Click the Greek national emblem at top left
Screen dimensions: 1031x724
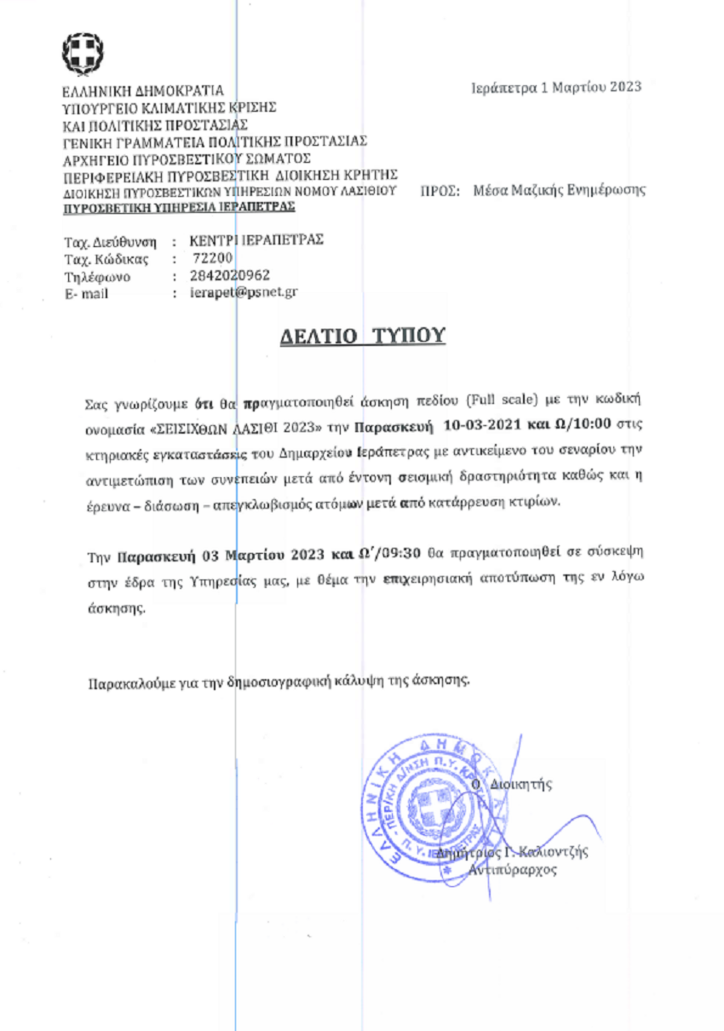83,54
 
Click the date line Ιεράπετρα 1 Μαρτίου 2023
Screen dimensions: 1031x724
556,88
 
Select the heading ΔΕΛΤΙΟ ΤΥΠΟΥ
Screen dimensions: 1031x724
363,335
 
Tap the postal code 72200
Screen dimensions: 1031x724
212,258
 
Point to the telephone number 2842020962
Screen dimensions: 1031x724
229,276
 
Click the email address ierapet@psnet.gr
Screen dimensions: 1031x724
243,293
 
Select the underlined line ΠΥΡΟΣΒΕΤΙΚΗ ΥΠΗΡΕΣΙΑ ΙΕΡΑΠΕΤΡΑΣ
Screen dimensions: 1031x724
179,208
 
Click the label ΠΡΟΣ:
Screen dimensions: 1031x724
440,191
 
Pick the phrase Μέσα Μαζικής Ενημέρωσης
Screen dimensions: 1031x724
559,191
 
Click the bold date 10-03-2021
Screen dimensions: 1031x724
482,424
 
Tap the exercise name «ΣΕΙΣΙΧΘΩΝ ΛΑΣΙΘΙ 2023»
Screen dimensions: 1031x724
235,429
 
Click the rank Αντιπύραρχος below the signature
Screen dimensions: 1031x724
513,870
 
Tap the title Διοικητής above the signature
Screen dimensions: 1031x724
520,785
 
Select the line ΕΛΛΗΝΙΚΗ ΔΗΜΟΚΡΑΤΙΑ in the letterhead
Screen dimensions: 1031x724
143,91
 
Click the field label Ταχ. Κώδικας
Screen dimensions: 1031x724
106,260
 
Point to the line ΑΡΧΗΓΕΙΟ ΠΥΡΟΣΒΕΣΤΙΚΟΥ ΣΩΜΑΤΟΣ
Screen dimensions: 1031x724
186,159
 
